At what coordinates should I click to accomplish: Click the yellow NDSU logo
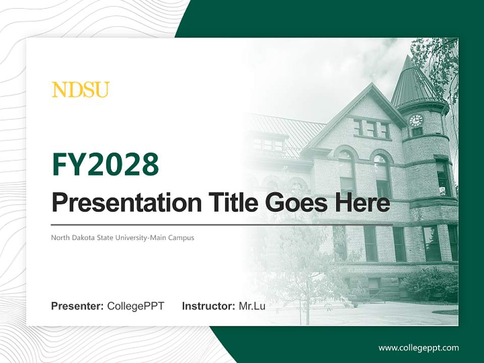click(x=80, y=90)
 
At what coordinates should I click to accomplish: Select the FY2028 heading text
click(x=105, y=164)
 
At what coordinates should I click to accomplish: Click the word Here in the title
click(x=362, y=203)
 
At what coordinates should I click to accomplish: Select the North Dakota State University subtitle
click(x=122, y=237)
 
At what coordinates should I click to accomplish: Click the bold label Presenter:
click(x=78, y=306)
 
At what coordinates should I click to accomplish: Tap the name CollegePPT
click(x=136, y=306)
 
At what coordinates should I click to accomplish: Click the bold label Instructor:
click(x=208, y=306)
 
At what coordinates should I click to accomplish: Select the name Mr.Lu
click(x=252, y=306)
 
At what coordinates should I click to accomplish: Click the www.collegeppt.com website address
click(x=418, y=348)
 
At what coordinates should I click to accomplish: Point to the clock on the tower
click(x=416, y=120)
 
